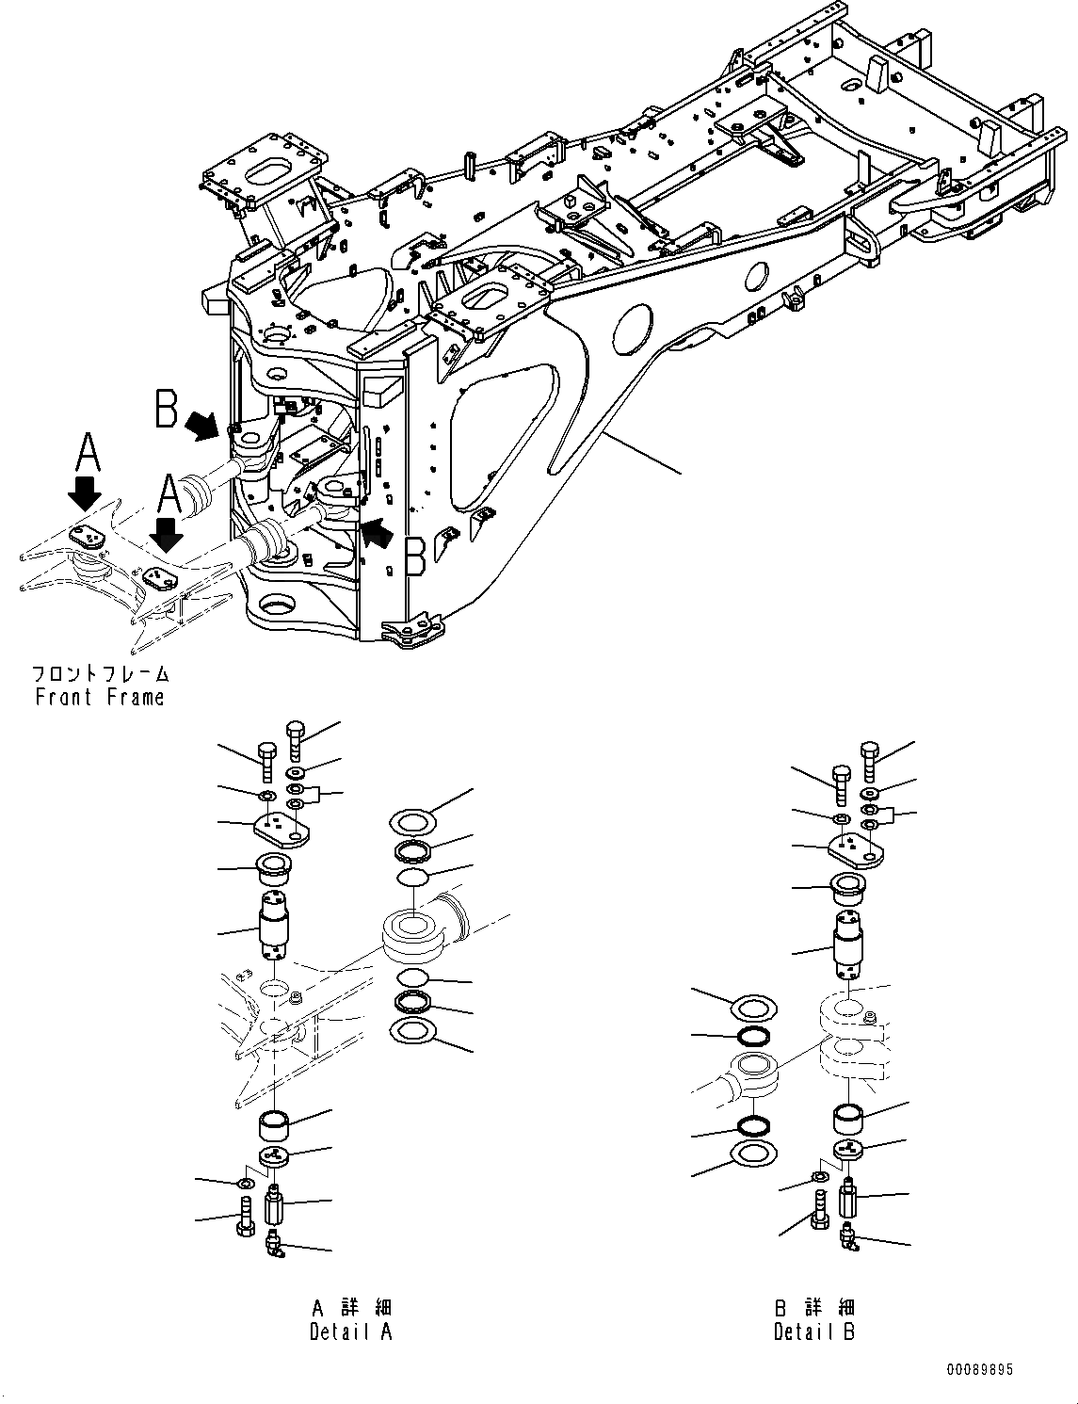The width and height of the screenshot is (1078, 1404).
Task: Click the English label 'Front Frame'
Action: tap(99, 698)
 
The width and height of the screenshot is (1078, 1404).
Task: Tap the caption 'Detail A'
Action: tap(350, 1331)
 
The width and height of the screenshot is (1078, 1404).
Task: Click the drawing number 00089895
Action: tap(979, 1370)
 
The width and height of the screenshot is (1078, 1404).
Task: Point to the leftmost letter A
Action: tap(86, 453)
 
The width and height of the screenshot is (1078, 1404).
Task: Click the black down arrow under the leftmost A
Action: tap(86, 493)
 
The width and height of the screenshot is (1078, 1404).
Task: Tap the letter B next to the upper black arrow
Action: tap(168, 410)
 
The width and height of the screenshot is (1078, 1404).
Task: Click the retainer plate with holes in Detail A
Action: tap(278, 829)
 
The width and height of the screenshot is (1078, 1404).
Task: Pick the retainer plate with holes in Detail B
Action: tap(856, 850)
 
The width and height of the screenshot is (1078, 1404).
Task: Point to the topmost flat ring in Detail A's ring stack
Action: tap(411, 823)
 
